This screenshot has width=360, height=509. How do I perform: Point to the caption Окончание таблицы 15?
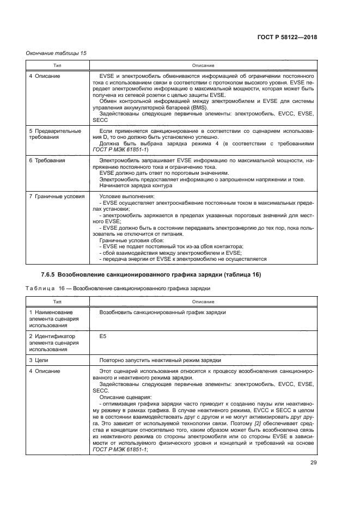point(56,53)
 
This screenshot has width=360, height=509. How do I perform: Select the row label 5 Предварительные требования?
point(54,134)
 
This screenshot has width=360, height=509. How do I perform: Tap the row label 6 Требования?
point(47,161)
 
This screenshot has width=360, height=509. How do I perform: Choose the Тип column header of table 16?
point(57,302)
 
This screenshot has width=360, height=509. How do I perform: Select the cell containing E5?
point(103,336)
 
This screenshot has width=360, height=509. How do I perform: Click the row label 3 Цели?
point(42,360)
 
